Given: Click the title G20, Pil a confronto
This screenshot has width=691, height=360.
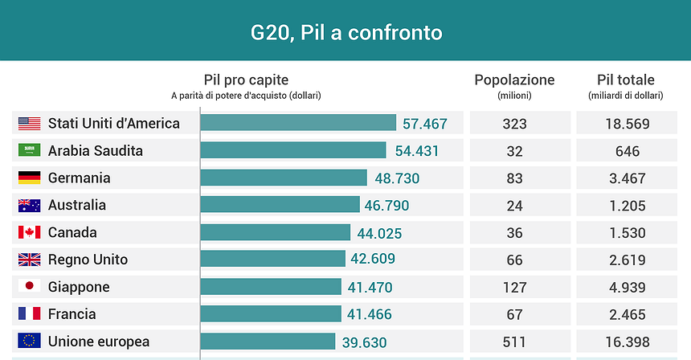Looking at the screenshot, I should click(x=345, y=33).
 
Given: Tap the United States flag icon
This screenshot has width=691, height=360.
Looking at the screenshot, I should click(x=29, y=124).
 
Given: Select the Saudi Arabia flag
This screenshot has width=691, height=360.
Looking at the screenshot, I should click(x=29, y=151).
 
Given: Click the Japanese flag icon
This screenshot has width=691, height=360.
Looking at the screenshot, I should click(x=29, y=287).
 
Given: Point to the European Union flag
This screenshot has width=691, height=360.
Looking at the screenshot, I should click(x=29, y=341).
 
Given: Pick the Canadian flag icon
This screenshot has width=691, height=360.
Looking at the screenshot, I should click(x=29, y=233).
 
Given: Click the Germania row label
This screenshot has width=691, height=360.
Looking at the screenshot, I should click(x=79, y=178).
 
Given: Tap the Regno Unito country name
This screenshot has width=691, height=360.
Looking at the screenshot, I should click(x=88, y=260).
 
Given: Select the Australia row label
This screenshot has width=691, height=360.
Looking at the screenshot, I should click(x=76, y=205).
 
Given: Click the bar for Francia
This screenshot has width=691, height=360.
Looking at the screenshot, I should click(x=271, y=314).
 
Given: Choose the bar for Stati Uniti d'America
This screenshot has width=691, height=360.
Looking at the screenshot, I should click(x=297, y=123).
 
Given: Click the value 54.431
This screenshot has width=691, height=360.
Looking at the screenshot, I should click(x=416, y=151).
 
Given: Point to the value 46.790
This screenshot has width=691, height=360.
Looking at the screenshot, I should click(x=390, y=205).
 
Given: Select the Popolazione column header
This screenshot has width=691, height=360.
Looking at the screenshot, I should click(x=514, y=80).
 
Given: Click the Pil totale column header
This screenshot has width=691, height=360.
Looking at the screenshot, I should click(x=625, y=80).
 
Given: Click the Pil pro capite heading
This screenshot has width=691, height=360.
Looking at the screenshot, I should click(x=246, y=80).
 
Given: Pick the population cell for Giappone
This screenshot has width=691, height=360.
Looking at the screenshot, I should click(x=514, y=287).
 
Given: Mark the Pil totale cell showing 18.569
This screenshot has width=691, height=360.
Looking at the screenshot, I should click(x=625, y=124).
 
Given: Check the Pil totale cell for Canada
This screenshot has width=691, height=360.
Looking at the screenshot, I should click(x=625, y=233).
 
